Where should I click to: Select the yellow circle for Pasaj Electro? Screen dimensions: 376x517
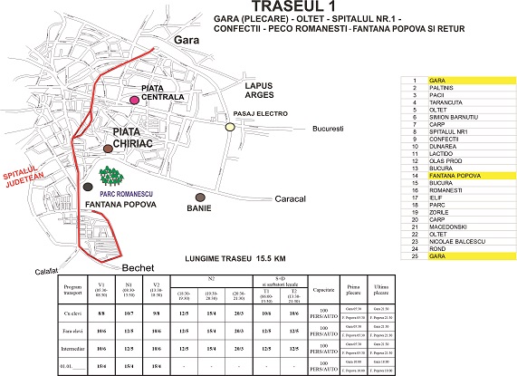coord(230,128)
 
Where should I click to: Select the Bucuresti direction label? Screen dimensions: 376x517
coord(329,129)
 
